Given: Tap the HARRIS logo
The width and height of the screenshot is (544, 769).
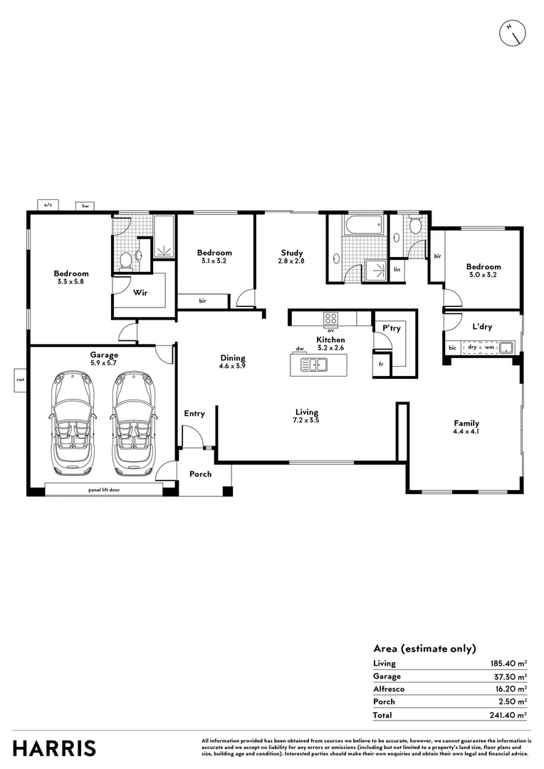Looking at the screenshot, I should [54, 748].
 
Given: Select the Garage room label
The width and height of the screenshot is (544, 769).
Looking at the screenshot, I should [104, 355].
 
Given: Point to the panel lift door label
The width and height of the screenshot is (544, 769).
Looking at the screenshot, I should [104, 490].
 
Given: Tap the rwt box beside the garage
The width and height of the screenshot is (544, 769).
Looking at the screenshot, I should [20, 380].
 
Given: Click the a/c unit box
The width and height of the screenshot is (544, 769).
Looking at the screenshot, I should [48, 205].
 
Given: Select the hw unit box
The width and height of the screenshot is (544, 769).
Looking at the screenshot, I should [85, 205].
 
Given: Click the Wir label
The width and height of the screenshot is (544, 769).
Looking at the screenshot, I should [140, 293].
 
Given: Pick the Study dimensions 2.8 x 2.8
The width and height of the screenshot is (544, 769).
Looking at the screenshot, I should [291, 261].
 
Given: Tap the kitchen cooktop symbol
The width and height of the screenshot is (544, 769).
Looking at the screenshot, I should [331, 318].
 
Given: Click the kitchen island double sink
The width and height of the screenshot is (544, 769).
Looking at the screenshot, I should [313, 365].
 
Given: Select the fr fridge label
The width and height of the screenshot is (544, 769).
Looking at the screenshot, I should [382, 365].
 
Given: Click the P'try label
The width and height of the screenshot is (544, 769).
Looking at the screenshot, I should [391, 328].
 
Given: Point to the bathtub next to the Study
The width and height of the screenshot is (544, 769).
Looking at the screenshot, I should [364, 226].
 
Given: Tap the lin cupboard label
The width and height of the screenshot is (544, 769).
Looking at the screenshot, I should [397, 269].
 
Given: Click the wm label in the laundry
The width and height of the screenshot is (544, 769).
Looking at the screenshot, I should [489, 347].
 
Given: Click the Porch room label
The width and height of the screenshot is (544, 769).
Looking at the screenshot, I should [200, 474].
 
